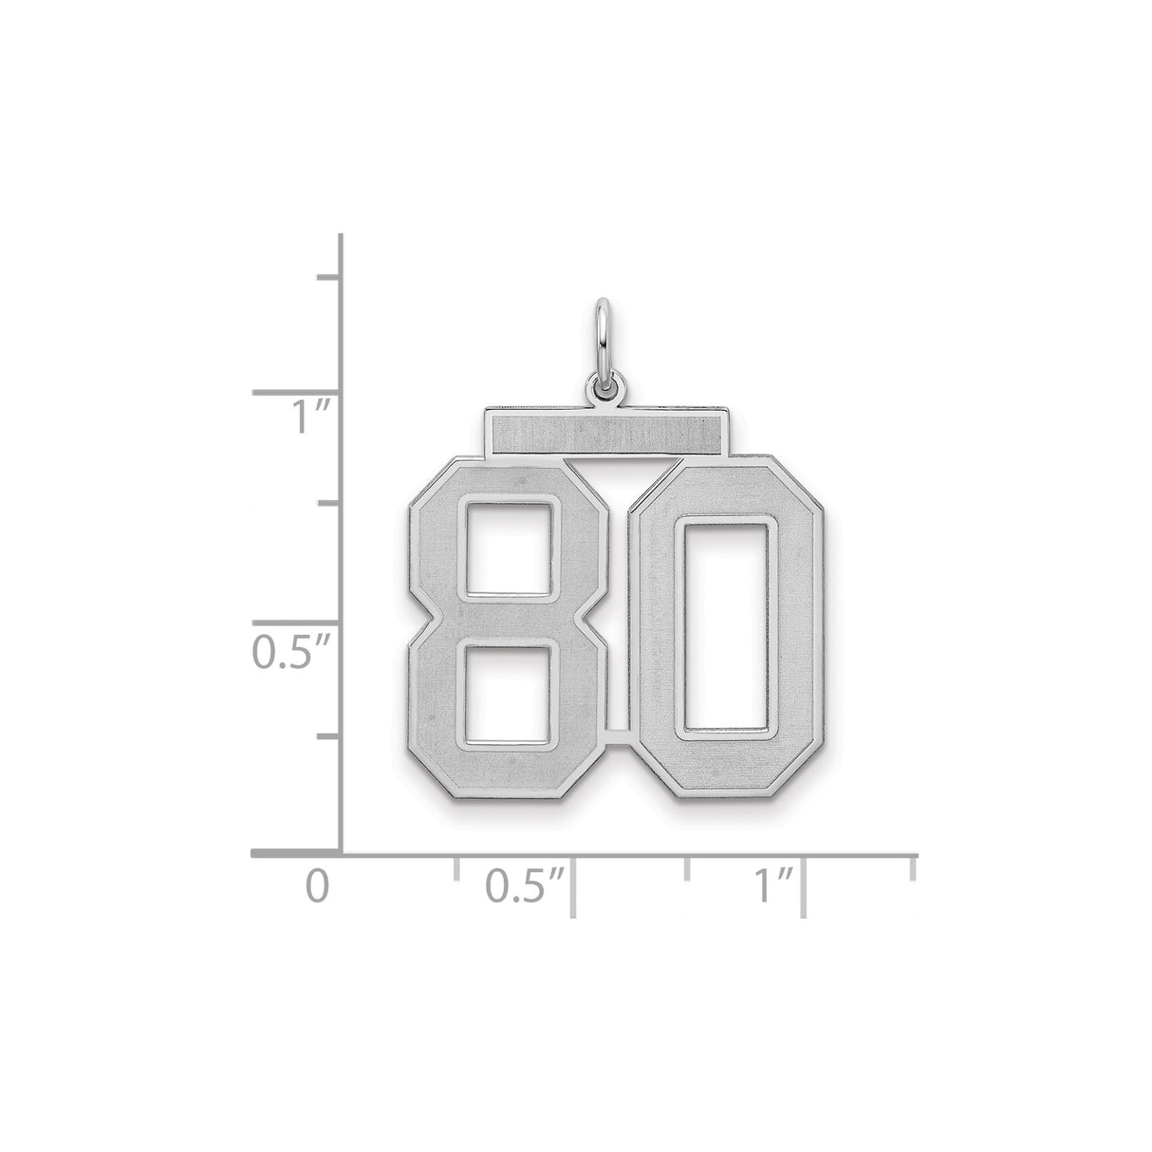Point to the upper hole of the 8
(x=506, y=545)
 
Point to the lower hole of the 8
(x=506, y=692)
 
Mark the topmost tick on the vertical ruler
(x=328, y=277)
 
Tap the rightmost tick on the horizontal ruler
(x=914, y=869)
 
